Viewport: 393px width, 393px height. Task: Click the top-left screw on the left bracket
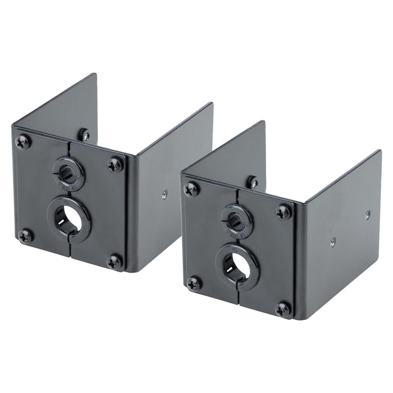[23, 142]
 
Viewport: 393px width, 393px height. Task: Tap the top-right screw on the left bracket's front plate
[115, 164]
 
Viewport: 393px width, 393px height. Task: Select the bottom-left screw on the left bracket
[25, 235]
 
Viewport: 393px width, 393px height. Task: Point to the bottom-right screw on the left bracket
[115, 261]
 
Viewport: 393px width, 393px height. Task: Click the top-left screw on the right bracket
[191, 189]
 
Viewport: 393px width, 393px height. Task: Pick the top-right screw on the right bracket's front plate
[284, 212]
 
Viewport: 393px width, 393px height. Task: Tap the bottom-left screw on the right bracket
[194, 284]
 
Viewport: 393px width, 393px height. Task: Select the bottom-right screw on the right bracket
[284, 308]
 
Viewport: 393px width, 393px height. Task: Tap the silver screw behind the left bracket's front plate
[84, 135]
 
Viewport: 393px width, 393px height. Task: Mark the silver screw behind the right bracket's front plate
[253, 182]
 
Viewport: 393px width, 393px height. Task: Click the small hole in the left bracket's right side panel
[164, 194]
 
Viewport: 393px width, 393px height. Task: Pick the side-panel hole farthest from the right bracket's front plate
[368, 214]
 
